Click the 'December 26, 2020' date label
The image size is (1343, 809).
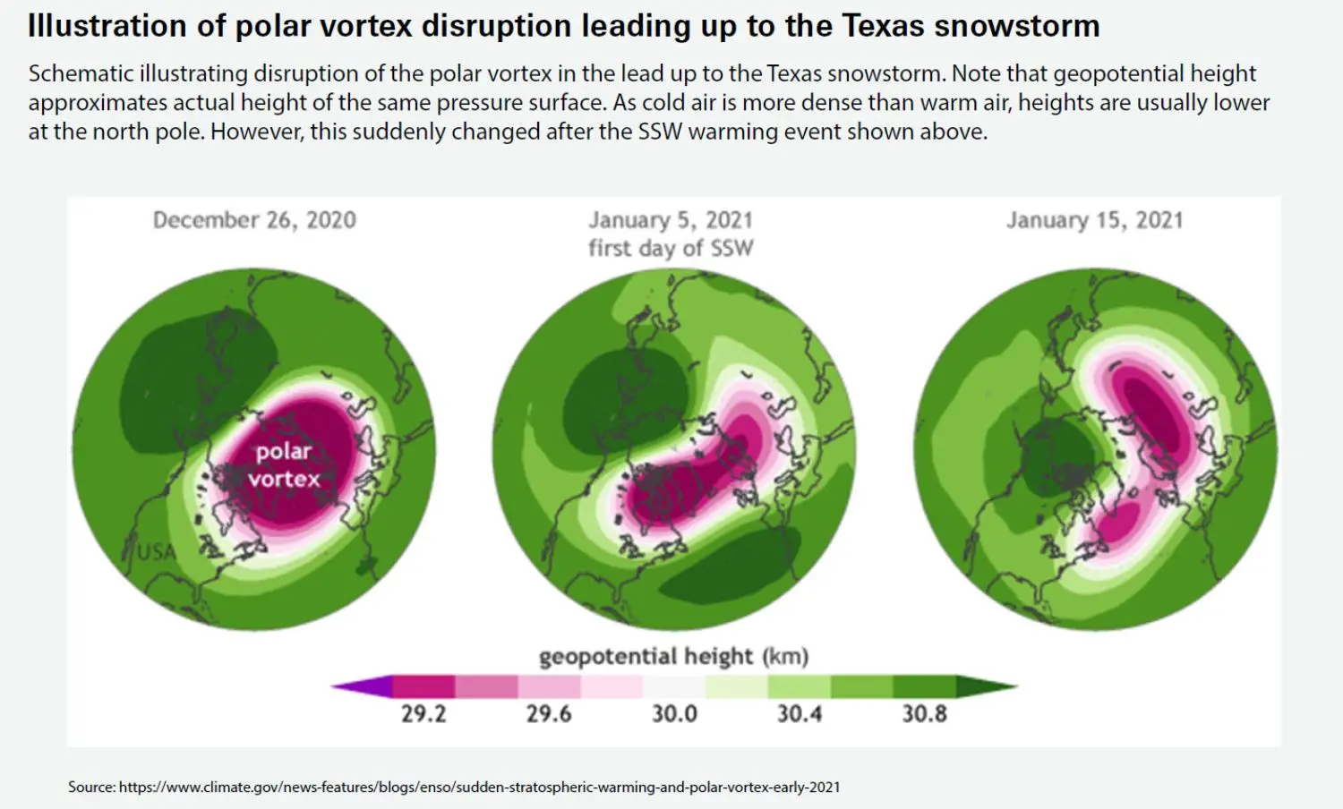254,220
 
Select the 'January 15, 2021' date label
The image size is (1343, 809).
1094,220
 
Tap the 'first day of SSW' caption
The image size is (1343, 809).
671,249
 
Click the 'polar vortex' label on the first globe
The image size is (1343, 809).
284,465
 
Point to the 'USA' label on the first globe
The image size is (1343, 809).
156,552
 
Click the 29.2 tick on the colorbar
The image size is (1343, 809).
423,714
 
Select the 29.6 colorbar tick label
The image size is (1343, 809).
549,714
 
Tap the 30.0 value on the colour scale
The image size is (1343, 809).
674,714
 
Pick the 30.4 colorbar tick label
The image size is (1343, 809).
800,714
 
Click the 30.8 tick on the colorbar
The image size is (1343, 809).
925,714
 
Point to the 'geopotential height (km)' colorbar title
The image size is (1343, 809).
673,657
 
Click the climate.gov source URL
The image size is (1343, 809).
479,788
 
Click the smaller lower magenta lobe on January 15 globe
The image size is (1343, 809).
1116,524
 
